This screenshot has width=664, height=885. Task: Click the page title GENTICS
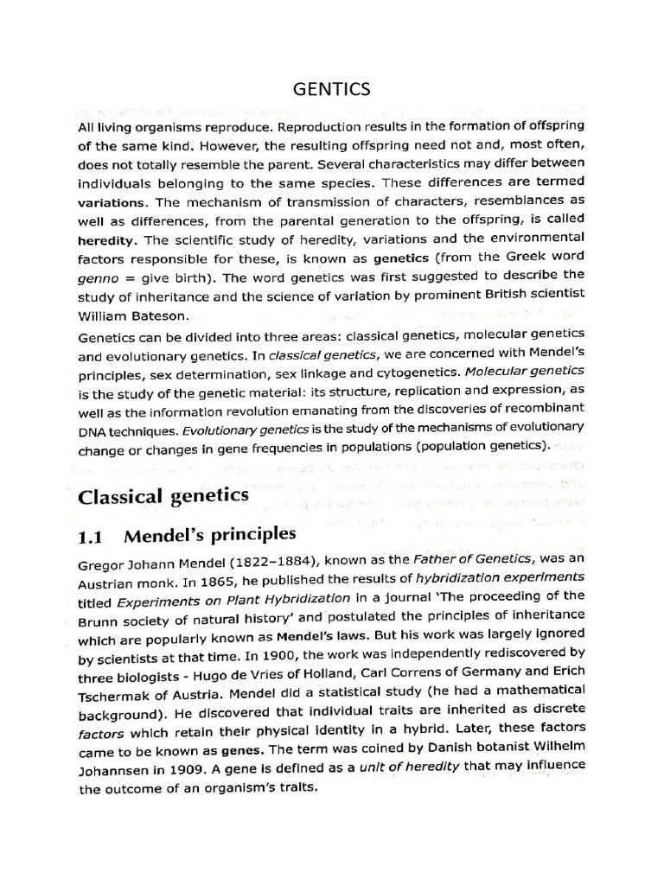[331, 89]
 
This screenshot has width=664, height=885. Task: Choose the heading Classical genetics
[163, 496]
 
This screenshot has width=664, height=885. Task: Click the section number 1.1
[92, 536]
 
